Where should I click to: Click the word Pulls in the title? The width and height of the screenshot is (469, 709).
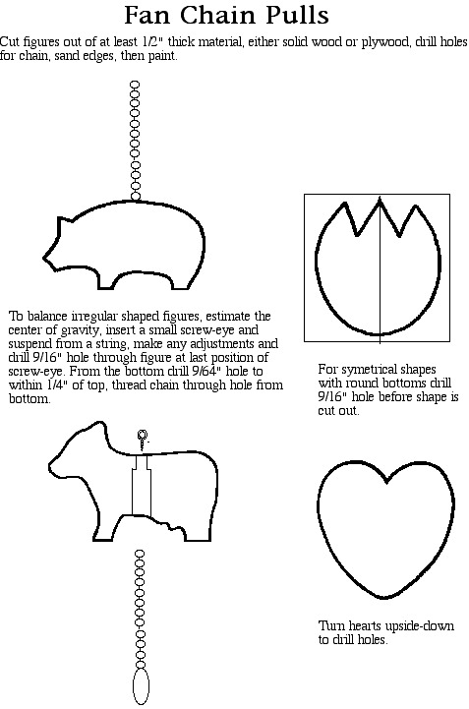click(297, 15)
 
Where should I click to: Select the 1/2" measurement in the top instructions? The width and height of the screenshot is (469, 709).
click(152, 41)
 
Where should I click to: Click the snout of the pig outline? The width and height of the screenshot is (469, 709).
click(46, 258)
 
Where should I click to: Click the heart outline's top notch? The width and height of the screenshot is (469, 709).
click(385, 482)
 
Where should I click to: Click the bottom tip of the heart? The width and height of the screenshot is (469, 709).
click(383, 598)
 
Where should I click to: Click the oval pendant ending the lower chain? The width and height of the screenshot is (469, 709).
click(141, 686)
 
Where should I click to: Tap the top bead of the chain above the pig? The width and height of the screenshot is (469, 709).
click(135, 85)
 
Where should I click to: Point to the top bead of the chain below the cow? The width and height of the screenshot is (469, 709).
click(140, 555)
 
